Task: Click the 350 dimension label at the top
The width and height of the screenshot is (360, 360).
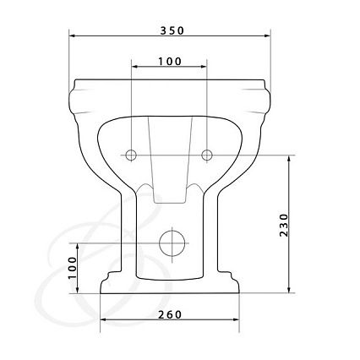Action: tap(172, 30)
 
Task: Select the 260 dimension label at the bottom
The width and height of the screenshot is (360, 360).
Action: tap(170, 314)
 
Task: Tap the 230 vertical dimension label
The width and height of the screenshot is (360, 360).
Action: tap(284, 225)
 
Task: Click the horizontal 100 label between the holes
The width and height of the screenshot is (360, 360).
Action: tap(170, 61)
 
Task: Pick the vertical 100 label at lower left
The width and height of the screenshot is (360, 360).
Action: tap(73, 268)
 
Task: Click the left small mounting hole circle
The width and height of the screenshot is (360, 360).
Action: tap(131, 155)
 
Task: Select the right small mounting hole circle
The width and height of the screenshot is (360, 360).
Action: tap(207, 155)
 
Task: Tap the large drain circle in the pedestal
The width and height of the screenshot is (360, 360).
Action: tap(172, 243)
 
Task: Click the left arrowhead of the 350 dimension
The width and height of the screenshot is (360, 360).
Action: tap(72, 35)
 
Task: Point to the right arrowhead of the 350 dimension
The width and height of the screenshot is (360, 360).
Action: tap(267, 35)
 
